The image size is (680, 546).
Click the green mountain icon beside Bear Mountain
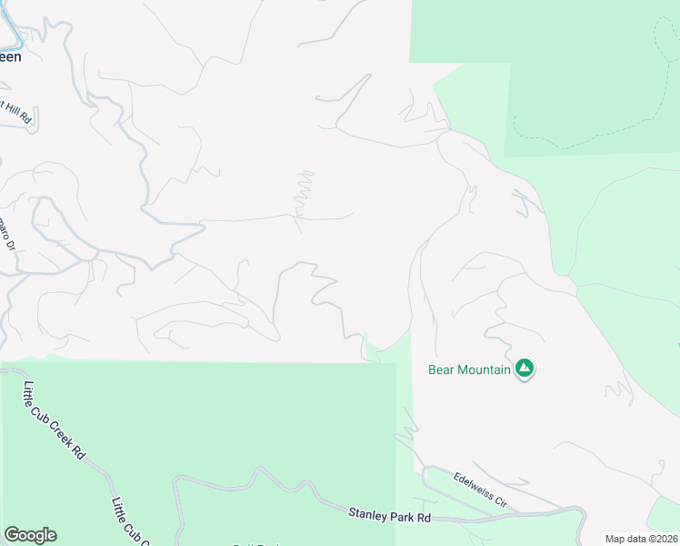coord(524,369)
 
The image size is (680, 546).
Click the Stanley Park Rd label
coord(389,515)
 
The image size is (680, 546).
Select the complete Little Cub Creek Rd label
coord(52,421)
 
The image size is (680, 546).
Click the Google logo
coord(30,535)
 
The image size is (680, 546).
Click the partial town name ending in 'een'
coord(10,56)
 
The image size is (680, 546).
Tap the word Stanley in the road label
coord(367,514)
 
